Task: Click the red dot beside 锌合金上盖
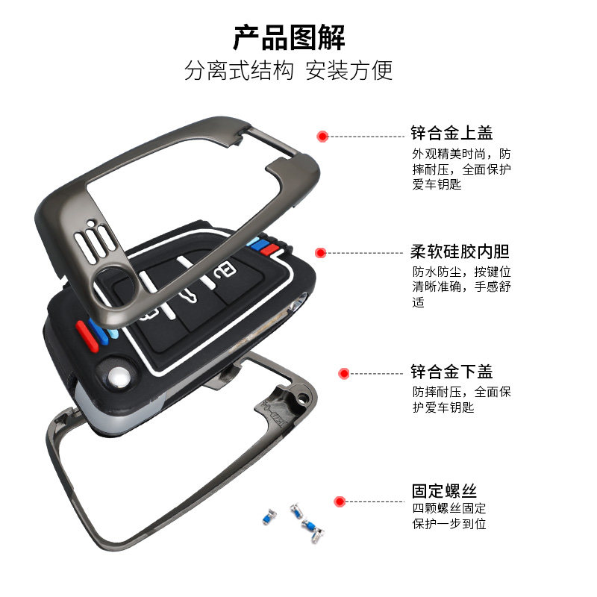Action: (x=322, y=137)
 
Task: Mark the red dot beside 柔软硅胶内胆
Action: (x=321, y=253)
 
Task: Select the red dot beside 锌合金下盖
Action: (x=344, y=372)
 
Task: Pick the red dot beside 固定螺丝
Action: (x=340, y=501)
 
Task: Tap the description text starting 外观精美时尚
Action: (x=462, y=169)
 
